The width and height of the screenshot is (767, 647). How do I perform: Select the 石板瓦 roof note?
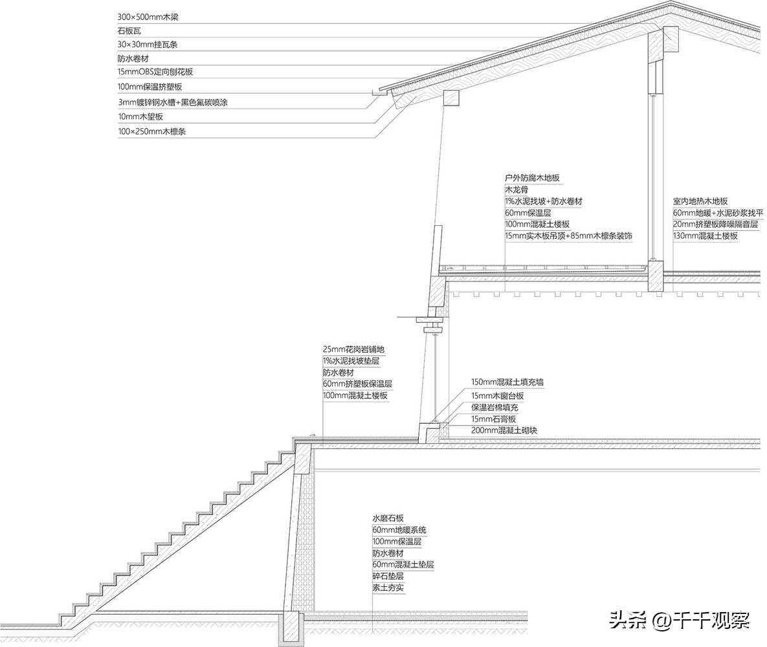coord(129,31)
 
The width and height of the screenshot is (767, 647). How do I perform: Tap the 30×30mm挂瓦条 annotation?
coord(147,45)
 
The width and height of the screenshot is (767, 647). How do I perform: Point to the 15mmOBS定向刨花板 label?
coord(155,72)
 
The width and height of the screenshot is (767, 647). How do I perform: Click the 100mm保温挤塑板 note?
coord(150,87)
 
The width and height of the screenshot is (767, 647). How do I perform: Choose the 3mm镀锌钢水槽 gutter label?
coord(173,103)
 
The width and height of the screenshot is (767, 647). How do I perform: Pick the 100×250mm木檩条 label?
coord(151,131)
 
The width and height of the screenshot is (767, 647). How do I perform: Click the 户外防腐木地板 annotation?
coord(532,178)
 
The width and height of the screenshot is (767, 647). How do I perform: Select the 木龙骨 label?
coord(517,190)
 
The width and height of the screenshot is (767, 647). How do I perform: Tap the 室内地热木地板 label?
coord(700,201)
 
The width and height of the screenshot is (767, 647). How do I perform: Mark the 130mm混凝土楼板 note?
coord(706,236)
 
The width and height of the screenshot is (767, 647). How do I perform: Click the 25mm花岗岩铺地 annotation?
coord(353,349)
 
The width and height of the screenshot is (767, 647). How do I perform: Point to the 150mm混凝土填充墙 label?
coord(507,382)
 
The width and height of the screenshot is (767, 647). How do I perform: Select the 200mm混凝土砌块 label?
coord(504,431)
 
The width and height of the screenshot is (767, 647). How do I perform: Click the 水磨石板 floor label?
coord(388,518)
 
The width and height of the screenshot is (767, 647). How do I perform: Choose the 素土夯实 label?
coord(388,588)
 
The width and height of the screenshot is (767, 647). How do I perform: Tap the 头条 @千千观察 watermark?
coord(679,620)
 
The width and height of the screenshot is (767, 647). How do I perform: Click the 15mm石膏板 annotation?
coord(494,419)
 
